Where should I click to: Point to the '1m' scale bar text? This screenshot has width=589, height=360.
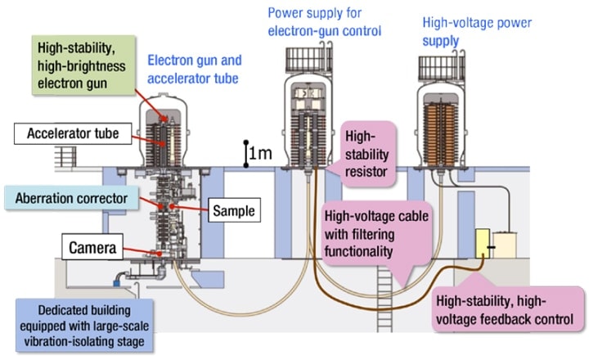click(260, 152)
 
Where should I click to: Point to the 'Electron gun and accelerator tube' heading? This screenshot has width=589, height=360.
click(193, 68)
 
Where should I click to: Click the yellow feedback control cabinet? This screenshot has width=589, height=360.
click(486, 244)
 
